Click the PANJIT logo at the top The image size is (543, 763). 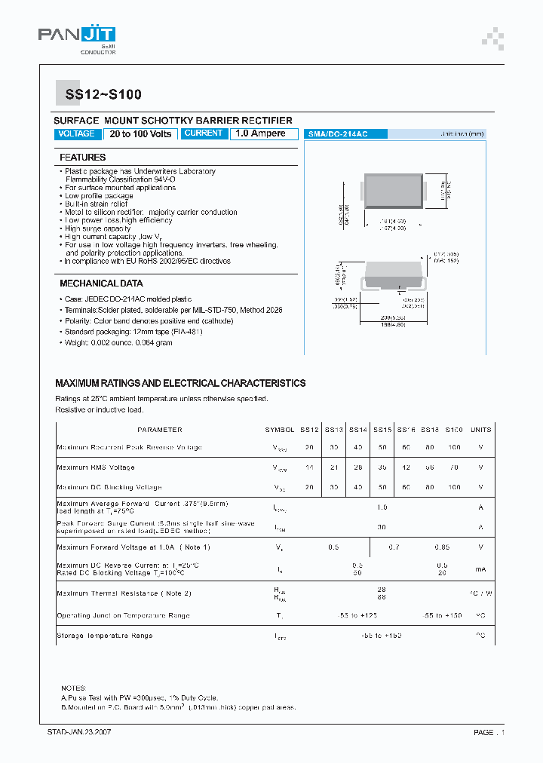click(76, 35)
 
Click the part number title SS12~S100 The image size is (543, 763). click(98, 95)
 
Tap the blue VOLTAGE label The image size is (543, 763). click(77, 134)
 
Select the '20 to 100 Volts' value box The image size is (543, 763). click(140, 134)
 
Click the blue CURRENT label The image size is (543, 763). click(204, 133)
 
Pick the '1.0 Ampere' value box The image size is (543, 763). click(260, 133)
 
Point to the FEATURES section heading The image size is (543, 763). click(83, 158)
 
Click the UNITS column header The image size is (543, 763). click(480, 430)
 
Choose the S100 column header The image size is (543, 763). click(453, 430)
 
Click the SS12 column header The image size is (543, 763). click(309, 430)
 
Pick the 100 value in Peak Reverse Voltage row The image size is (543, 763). click(453, 448)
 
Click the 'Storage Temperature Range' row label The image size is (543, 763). click(105, 636)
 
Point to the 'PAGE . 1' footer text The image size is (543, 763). click(489, 732)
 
